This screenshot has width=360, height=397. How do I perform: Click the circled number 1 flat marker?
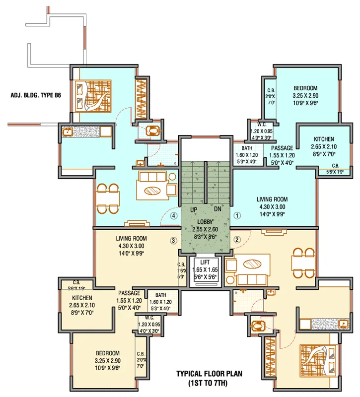pyautogui.click(x=237, y=216)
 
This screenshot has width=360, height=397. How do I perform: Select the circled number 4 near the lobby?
pyautogui.click(x=173, y=216)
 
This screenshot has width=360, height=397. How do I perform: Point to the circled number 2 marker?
pyautogui.click(x=237, y=239)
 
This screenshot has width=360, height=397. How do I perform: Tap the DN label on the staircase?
pyautogui.click(x=217, y=209)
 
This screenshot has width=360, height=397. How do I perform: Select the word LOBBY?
pyautogui.click(x=205, y=222)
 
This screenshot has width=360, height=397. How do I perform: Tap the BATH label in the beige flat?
pyautogui.click(x=160, y=294)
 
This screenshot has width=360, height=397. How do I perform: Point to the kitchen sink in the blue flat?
pyautogui.click(x=69, y=132)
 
